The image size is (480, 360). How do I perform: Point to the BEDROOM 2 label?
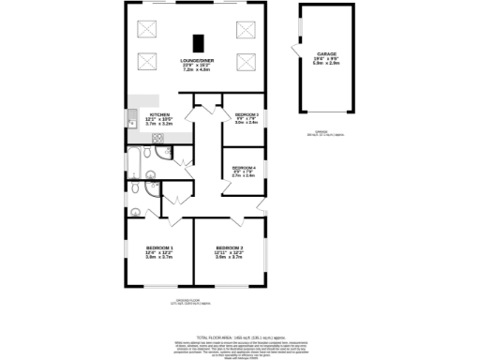229,247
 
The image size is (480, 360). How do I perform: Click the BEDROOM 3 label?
246,113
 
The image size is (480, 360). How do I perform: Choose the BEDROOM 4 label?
243,167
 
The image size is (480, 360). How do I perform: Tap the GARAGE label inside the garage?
326,54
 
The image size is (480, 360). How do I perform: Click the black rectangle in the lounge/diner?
198,42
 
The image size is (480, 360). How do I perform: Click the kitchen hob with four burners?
158,141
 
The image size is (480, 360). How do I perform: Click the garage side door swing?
295,49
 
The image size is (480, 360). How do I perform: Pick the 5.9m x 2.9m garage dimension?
326,64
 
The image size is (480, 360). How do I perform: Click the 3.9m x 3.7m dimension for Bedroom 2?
229,257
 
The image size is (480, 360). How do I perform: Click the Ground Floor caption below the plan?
195,302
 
